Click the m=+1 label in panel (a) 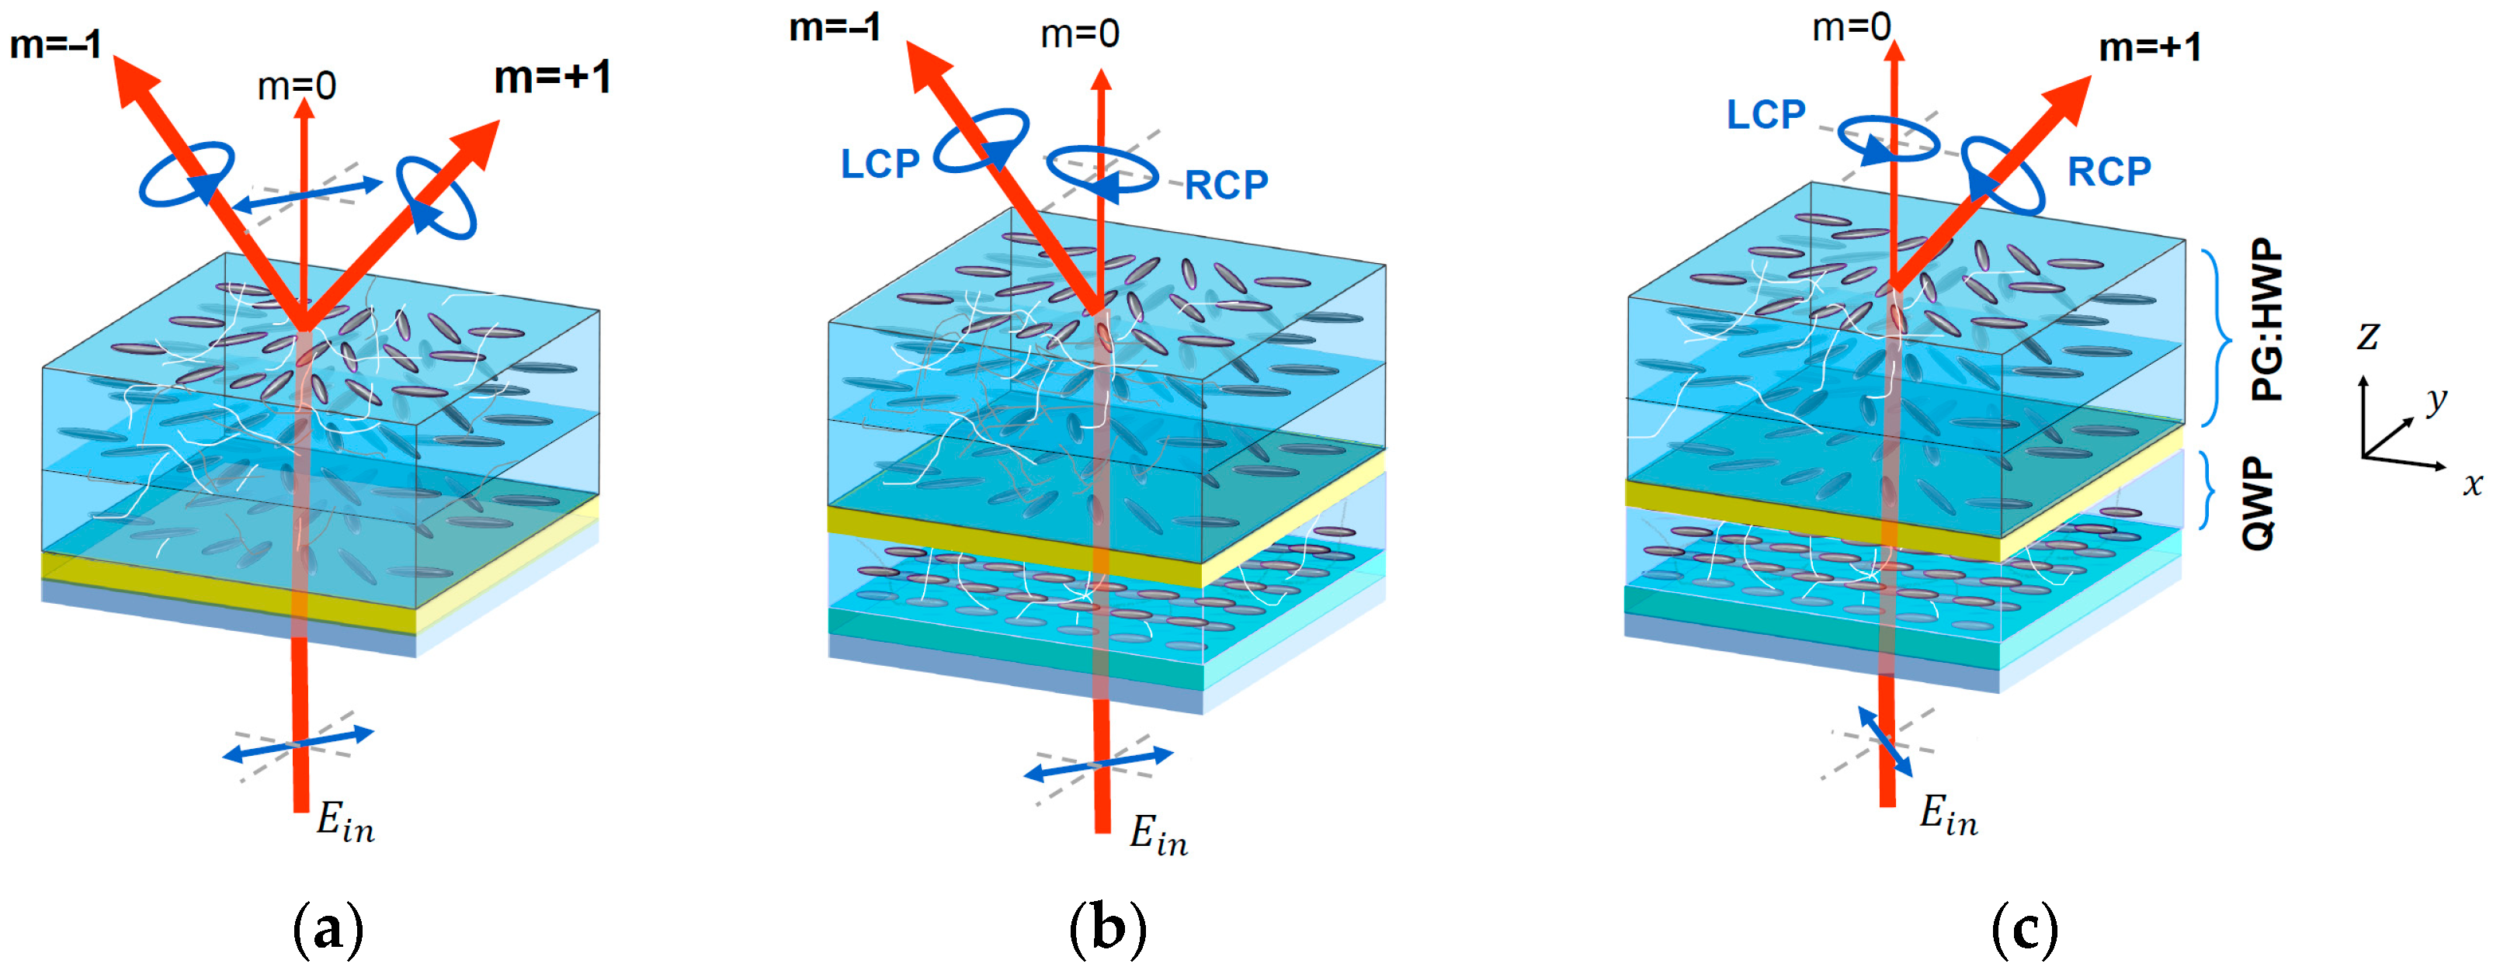click(x=553, y=78)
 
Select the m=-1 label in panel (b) click(x=834, y=27)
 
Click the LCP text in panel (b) click(x=880, y=164)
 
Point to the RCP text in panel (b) click(x=1226, y=185)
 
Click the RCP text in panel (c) click(x=2109, y=172)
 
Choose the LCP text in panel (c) click(x=1766, y=115)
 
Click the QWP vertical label click(x=2258, y=504)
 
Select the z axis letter click(x=2367, y=337)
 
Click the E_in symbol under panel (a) click(x=345, y=823)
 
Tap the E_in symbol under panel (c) click(x=1948, y=816)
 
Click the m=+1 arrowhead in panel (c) click(x=2066, y=98)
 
